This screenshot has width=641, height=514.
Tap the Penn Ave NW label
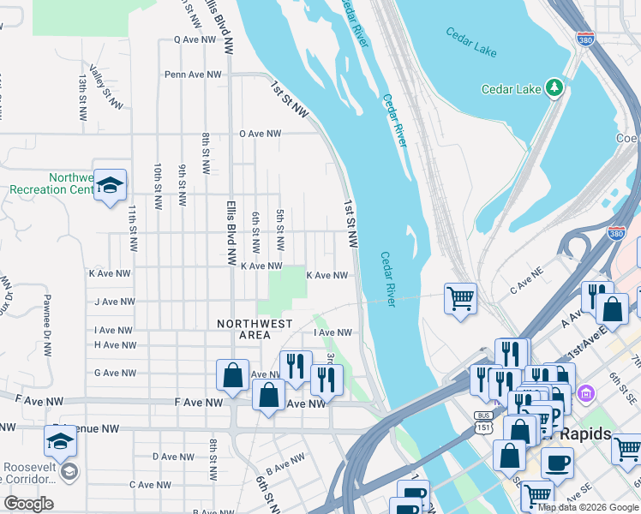click(x=194, y=75)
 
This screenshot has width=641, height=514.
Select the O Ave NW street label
click(x=261, y=134)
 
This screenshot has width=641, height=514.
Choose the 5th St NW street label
click(x=279, y=230)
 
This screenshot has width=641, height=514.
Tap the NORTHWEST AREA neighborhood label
click(x=255, y=330)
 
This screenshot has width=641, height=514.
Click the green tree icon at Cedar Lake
click(x=555, y=87)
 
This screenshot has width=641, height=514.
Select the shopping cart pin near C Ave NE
click(x=460, y=298)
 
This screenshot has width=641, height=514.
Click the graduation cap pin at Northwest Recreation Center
click(x=110, y=185)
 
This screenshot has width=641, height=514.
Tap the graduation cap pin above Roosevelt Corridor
click(x=61, y=442)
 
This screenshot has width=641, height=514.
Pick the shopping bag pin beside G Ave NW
click(x=232, y=374)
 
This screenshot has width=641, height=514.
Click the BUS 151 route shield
click(x=484, y=421)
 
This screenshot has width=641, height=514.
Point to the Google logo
click(x=28, y=504)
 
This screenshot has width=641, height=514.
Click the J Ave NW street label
click(x=115, y=302)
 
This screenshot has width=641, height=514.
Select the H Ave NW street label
click(x=115, y=345)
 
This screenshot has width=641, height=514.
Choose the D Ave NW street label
click(x=169, y=457)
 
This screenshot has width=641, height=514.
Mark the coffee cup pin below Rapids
click(x=557, y=462)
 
